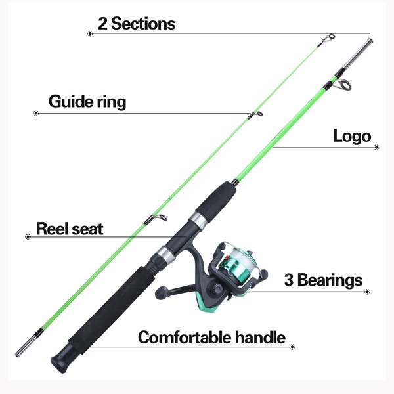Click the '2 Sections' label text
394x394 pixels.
(137, 24)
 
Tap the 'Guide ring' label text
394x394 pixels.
(87, 102)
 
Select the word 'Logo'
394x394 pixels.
(352, 137)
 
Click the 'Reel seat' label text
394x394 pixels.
(70, 229)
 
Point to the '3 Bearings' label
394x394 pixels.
(323, 280)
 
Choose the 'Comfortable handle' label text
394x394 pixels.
(211, 337)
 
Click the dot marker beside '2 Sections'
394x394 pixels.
(90, 33)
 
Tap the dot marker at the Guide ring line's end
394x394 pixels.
(36, 114)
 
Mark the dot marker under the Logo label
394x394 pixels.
(376, 148)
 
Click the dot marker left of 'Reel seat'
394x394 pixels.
(28, 236)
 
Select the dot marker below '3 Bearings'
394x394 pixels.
(367, 292)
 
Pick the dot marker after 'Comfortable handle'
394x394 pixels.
(292, 347)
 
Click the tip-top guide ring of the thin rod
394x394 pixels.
(331, 37)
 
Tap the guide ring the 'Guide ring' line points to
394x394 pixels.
(258, 114)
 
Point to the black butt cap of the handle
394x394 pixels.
(62, 359)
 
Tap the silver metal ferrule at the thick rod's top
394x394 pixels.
(357, 55)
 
